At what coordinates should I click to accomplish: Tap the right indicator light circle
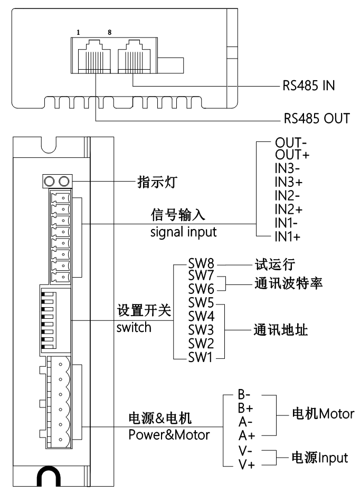point(65,182)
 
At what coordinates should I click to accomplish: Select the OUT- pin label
point(288,143)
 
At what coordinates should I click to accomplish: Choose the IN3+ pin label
point(288,183)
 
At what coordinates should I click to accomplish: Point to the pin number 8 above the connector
point(109,32)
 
